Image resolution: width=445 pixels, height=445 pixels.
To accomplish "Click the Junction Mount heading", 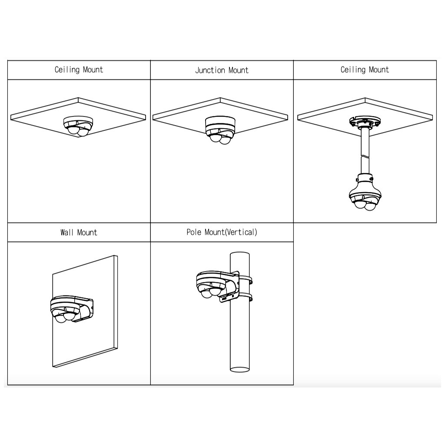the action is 222,70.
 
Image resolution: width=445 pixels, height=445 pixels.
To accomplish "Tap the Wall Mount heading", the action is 79,232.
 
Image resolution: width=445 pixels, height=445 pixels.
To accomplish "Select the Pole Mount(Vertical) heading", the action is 222,232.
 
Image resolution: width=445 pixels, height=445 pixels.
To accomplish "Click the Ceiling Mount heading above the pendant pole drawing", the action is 365,70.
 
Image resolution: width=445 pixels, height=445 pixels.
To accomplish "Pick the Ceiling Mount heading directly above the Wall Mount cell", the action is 79,70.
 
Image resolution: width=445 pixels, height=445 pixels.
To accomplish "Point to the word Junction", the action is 210,70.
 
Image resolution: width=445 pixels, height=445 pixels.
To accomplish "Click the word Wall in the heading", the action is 66,232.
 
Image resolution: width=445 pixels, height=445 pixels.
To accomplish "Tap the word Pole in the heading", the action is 194,232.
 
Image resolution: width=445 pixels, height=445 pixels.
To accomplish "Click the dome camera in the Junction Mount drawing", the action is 220,130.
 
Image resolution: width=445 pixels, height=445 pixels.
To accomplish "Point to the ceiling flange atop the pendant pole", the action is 365,122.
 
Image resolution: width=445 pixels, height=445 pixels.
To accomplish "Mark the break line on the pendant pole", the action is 365,155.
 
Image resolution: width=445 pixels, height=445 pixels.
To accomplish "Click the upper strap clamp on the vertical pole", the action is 246,279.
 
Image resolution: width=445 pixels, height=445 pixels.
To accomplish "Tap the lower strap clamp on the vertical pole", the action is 246,298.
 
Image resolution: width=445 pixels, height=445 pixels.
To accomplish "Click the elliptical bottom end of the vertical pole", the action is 240,369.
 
